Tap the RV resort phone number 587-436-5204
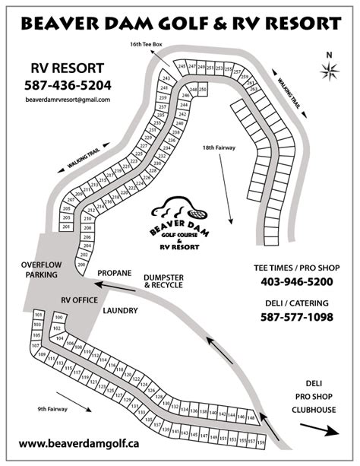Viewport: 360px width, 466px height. tap(68, 85)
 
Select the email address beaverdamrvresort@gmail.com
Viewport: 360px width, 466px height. tap(68, 100)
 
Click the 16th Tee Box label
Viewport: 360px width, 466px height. tap(147, 47)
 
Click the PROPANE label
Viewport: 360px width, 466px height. tap(115, 272)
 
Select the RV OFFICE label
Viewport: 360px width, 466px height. tap(80, 300)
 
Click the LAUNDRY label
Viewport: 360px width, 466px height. tap(119, 310)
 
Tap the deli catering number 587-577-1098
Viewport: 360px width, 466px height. tap(297, 316)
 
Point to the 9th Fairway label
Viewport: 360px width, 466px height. tap(53, 409)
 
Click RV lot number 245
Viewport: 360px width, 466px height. tap(182, 67)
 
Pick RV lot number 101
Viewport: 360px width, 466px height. tap(37, 315)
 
